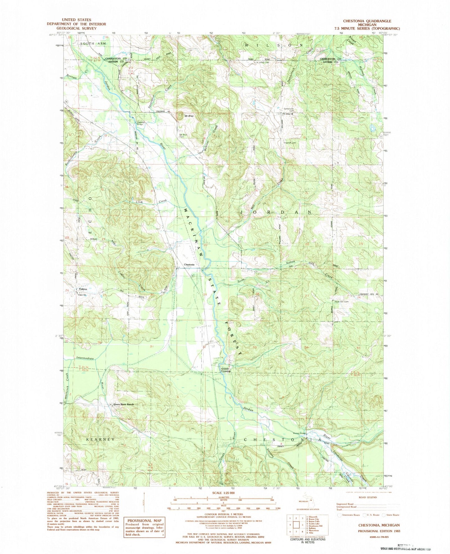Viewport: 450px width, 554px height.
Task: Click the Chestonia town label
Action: (189, 265)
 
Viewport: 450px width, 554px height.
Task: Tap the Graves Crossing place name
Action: (226, 370)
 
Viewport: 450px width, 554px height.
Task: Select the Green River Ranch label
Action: (123, 404)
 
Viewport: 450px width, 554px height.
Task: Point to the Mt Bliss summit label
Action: (189, 116)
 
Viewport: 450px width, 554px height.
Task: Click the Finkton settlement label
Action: (83, 289)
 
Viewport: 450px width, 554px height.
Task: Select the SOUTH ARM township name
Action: (93, 44)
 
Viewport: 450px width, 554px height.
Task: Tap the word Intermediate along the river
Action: (85, 359)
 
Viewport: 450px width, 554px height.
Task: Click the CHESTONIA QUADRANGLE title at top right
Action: (367, 21)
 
